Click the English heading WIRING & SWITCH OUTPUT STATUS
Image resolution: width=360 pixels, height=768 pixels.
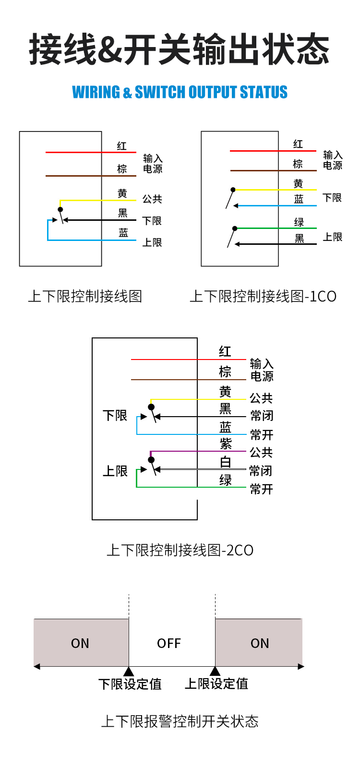tap(180, 92)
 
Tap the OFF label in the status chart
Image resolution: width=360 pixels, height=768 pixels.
tap(169, 643)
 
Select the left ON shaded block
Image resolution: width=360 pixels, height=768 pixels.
tap(81, 643)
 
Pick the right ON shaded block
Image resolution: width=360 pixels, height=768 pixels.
tap(259, 643)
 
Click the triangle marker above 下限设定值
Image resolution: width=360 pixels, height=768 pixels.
tap(129, 671)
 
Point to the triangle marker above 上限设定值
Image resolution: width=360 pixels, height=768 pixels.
tap(215, 671)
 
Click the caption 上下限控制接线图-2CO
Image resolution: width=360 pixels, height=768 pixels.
tap(180, 550)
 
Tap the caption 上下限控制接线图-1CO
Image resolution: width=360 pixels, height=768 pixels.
tap(263, 296)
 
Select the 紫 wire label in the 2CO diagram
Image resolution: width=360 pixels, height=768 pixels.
tap(226, 444)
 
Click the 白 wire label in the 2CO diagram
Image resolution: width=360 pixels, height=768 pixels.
tap(226, 462)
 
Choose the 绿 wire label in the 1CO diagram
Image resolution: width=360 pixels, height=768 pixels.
tap(299, 222)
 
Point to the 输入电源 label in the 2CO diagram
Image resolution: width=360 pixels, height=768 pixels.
tap(262, 370)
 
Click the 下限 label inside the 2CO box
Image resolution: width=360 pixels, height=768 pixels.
tap(115, 415)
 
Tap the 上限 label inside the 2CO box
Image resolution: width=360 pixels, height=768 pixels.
tap(115, 471)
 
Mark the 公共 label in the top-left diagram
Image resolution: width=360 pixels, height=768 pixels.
tap(152, 199)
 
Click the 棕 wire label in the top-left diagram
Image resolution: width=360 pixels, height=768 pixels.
tap(122, 168)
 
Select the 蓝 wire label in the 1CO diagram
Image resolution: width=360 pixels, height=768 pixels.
tap(299, 199)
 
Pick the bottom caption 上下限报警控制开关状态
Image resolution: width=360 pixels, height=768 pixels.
tap(180, 721)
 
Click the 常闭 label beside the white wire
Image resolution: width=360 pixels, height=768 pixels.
tap(261, 471)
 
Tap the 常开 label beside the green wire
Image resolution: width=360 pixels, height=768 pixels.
tap(262, 489)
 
